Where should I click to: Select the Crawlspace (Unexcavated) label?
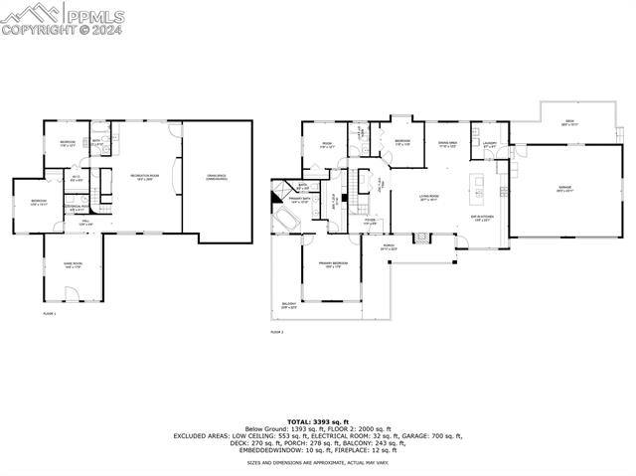point(217,178)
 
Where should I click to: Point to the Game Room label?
point(74,264)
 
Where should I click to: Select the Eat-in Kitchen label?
point(482,219)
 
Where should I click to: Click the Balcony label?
point(289,306)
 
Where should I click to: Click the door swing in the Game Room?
point(69,292)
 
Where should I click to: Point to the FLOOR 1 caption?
point(50,314)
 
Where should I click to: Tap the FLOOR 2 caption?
point(277,332)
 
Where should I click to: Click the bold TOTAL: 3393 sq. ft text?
point(318,422)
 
